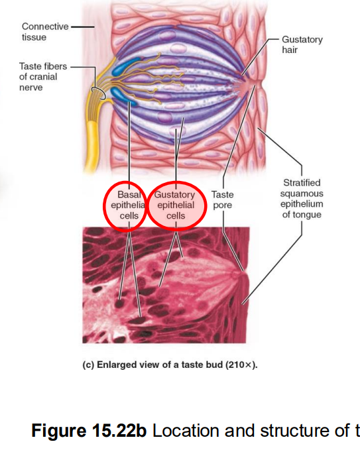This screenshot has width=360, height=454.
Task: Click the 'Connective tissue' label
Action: (44, 31)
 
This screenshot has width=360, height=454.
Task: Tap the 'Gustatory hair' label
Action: (302, 45)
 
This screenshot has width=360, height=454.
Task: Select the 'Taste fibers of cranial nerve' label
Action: (38, 77)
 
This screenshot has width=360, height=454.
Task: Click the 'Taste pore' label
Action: (222, 200)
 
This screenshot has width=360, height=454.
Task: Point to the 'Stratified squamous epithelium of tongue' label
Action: (302, 198)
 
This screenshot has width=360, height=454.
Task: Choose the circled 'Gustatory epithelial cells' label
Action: (175, 205)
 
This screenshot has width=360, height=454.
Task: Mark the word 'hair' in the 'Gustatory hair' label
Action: (291, 50)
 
